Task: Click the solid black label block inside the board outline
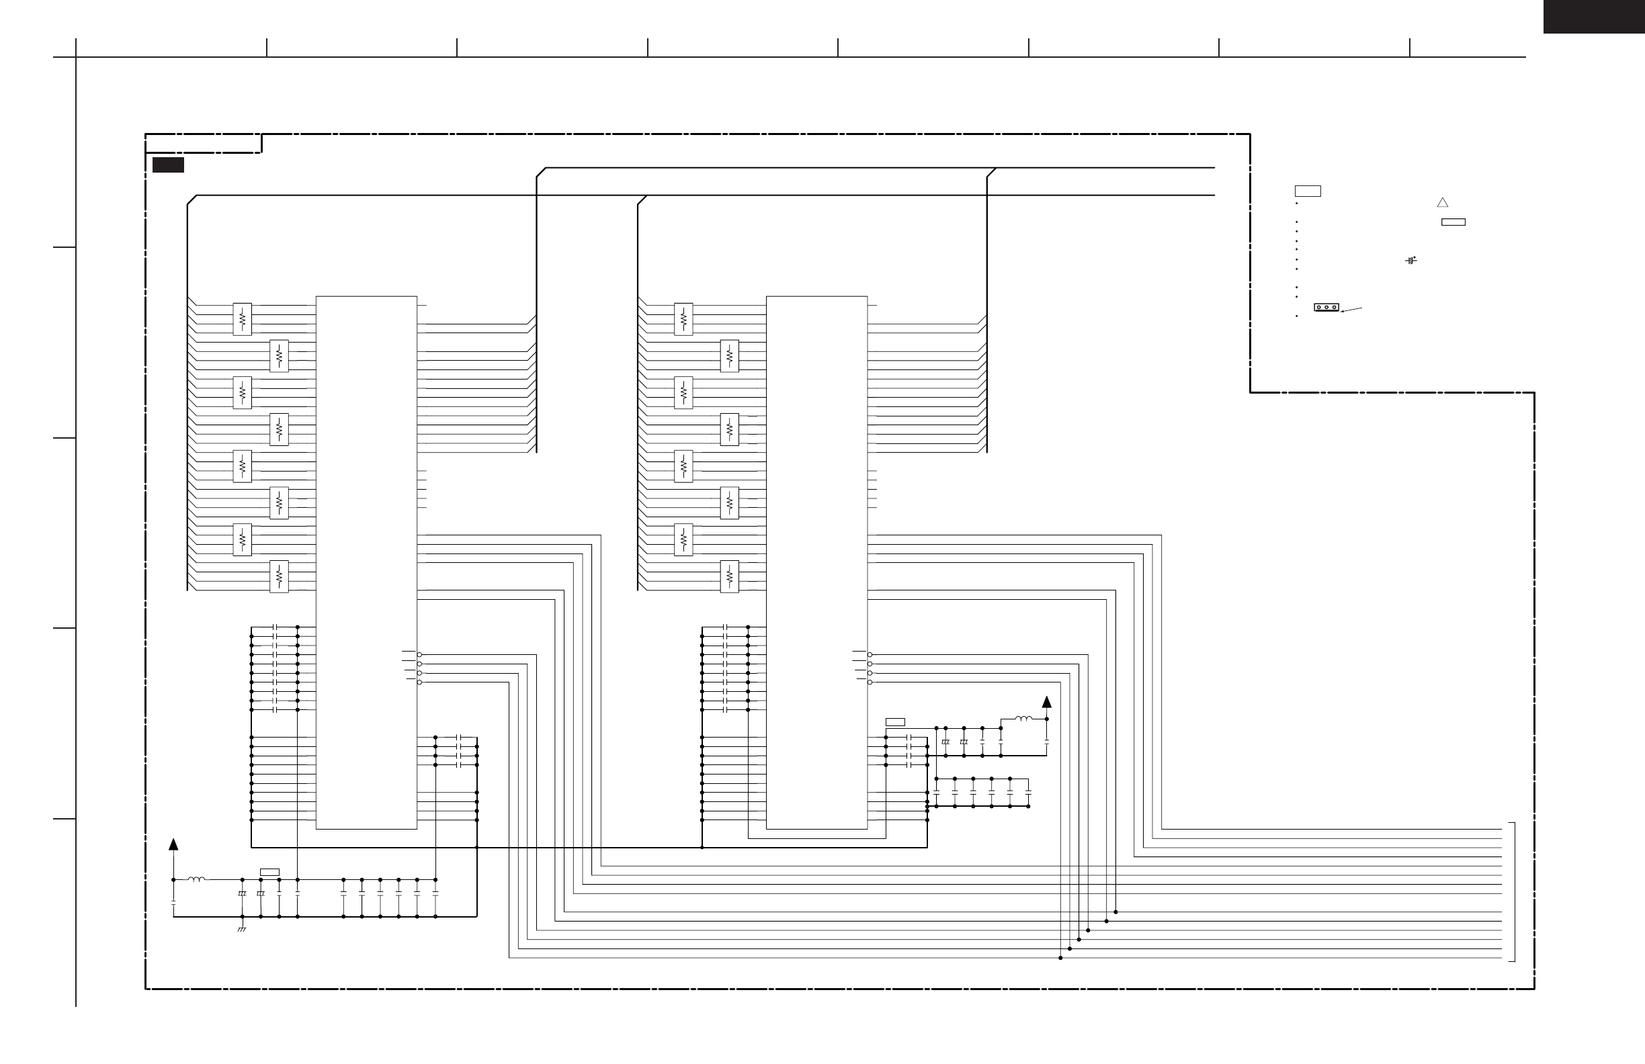click(168, 165)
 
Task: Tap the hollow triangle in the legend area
click(1443, 202)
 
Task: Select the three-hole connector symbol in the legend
click(1326, 307)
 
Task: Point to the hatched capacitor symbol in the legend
click(1410, 261)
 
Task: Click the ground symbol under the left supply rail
click(242, 929)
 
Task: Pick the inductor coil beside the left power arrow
click(197, 879)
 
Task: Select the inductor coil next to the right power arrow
click(1023, 719)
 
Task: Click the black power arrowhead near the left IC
click(173, 844)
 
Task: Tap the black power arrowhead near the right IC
click(1047, 702)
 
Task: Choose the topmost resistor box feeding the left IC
click(242, 319)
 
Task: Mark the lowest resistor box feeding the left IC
click(279, 576)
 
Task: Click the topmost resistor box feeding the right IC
click(683, 319)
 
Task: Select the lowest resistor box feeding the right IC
click(729, 576)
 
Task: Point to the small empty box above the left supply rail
click(269, 872)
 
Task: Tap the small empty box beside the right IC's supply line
click(895, 722)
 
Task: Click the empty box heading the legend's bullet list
click(1308, 191)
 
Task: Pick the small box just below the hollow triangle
click(1453, 222)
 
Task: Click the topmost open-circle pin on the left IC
click(419, 654)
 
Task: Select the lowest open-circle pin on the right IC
click(870, 682)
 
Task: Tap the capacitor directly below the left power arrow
click(173, 902)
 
